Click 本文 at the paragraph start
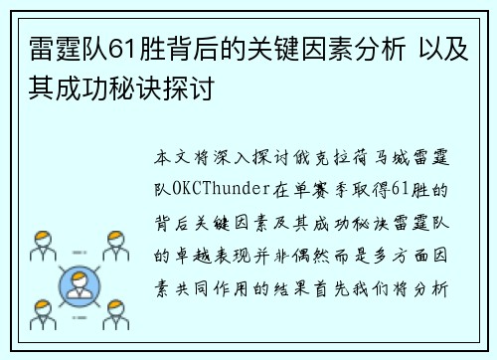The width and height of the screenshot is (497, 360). coord(168,157)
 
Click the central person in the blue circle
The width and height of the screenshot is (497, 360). coord(79,287)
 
